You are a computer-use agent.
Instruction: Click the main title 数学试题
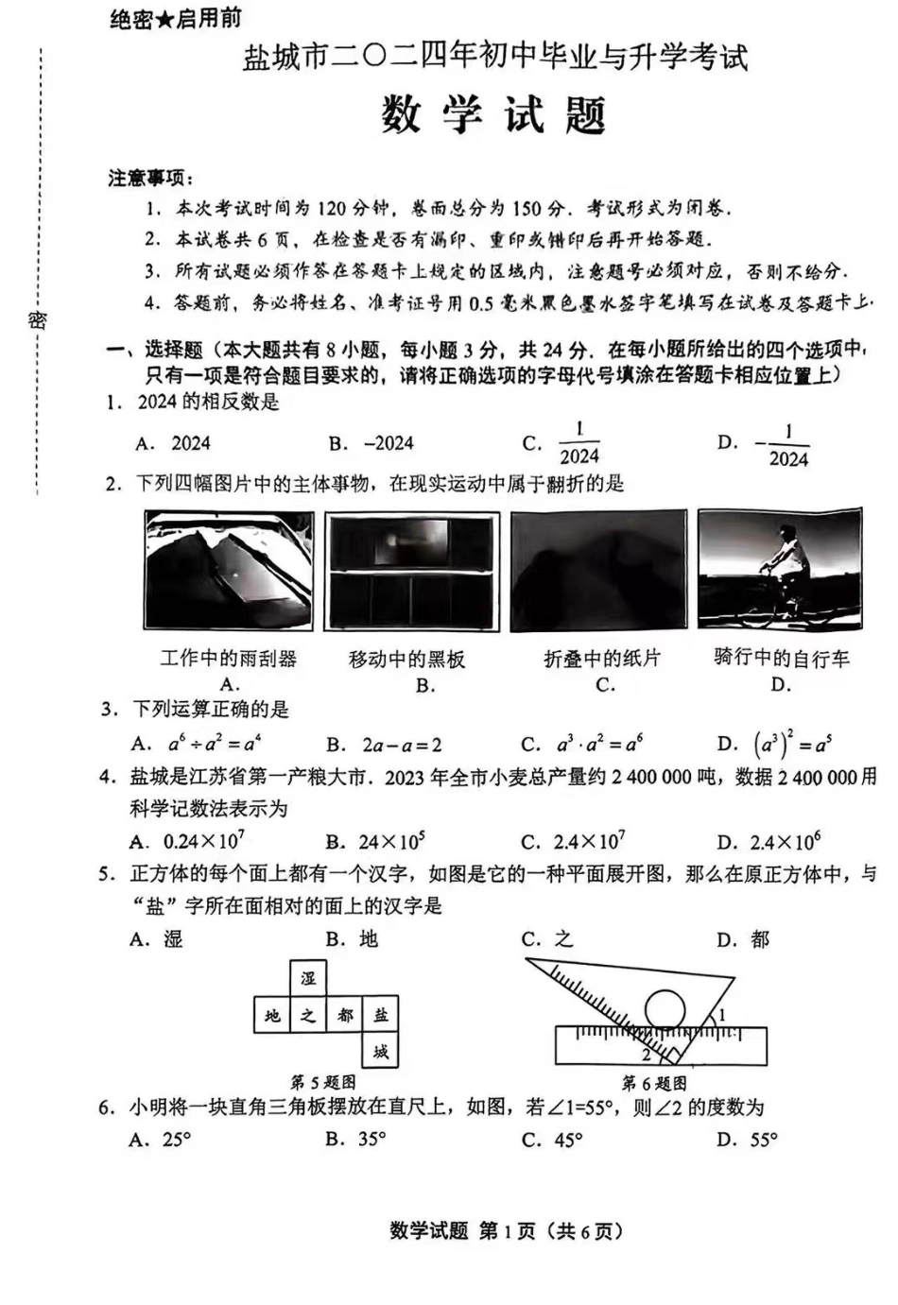click(x=493, y=116)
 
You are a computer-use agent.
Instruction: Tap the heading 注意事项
click(x=149, y=178)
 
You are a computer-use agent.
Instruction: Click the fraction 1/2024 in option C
click(x=579, y=443)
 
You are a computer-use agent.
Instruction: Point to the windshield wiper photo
click(x=229, y=570)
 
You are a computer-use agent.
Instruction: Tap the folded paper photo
click(x=598, y=571)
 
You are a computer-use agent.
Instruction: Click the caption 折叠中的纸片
click(x=602, y=659)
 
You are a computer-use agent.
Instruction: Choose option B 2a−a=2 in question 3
click(x=386, y=745)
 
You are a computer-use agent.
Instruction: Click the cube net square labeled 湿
click(x=308, y=978)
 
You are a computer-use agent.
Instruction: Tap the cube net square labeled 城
click(x=380, y=1051)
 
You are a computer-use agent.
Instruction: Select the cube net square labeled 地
click(x=272, y=1015)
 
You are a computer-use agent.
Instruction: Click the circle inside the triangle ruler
click(x=665, y=1009)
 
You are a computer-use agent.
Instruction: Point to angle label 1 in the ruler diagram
click(x=722, y=1015)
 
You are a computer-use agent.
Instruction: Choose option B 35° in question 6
click(x=356, y=1139)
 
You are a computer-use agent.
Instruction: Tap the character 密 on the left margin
click(x=37, y=319)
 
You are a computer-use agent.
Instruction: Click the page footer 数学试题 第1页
click(x=506, y=1230)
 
